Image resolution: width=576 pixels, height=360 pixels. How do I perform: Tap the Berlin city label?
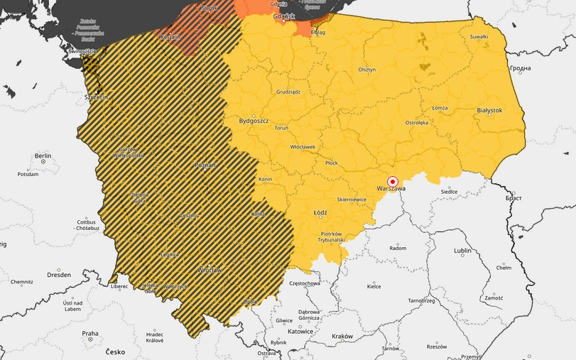(x=43, y=156)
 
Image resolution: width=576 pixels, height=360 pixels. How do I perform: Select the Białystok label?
(x=489, y=111)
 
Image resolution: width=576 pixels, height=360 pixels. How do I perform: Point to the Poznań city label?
(x=205, y=165)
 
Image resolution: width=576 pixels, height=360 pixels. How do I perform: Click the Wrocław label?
(x=210, y=271)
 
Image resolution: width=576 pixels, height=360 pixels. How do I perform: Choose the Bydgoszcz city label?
(x=254, y=120)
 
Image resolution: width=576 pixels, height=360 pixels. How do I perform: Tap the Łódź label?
(x=320, y=212)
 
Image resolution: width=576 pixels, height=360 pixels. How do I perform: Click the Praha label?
(x=89, y=333)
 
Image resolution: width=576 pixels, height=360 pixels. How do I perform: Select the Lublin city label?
(x=462, y=251)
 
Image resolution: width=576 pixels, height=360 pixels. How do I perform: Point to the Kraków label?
(x=342, y=336)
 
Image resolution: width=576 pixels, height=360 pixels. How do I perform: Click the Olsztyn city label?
(x=366, y=70)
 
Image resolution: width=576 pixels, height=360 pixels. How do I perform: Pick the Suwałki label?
(x=479, y=36)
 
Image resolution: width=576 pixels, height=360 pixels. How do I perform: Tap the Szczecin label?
(x=94, y=97)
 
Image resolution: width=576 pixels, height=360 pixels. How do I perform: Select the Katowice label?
(x=300, y=332)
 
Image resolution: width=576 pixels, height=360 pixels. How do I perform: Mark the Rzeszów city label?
(x=437, y=347)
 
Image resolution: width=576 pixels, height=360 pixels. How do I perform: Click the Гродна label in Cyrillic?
(x=520, y=68)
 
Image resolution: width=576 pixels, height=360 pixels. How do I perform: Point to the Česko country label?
(x=115, y=351)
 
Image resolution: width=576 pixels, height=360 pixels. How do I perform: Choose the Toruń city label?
(x=281, y=129)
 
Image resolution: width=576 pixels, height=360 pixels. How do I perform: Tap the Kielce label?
(x=374, y=287)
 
